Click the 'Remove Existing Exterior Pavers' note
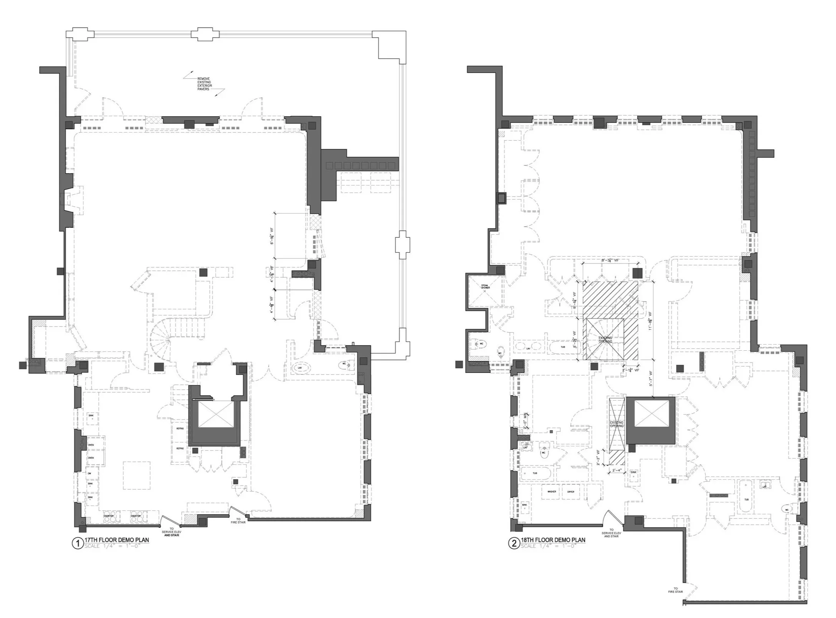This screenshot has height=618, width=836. pyautogui.click(x=204, y=84)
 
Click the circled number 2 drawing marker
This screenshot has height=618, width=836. pyautogui.click(x=514, y=543)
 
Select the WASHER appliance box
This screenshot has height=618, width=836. pyautogui.click(x=552, y=492)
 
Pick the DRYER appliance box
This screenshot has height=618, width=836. pyautogui.click(x=571, y=492)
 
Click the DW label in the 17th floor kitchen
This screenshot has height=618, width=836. pyautogui.click(x=89, y=474)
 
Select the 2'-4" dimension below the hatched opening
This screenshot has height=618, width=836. pyautogui.click(x=616, y=470)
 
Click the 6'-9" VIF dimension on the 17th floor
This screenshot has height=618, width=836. pyautogui.click(x=272, y=236)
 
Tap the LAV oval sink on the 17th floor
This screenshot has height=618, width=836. pyautogui.click(x=300, y=368)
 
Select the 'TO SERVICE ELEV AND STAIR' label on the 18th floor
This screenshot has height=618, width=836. pyautogui.click(x=611, y=534)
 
